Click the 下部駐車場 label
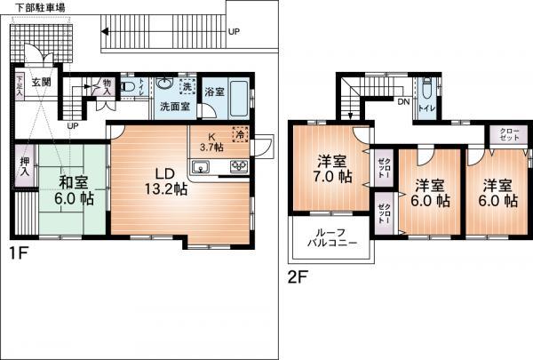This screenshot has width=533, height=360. point(28,6)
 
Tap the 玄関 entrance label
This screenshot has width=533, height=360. point(41,82)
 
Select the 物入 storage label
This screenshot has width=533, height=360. point(107,86)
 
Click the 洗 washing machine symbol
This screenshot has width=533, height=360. point(187,87)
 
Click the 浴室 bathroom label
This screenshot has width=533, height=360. point(214,92)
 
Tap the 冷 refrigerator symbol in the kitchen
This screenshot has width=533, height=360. point(238,136)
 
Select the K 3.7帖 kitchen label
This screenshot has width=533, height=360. point(211,141)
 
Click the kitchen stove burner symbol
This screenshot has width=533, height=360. point(239,166)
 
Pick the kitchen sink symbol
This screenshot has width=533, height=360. point(201,168)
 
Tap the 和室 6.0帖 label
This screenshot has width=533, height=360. point(73,191)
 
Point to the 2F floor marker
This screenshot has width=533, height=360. point(298,276)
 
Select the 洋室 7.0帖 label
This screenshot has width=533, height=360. point(334,169)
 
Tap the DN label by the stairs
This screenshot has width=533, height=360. point(402,102)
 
